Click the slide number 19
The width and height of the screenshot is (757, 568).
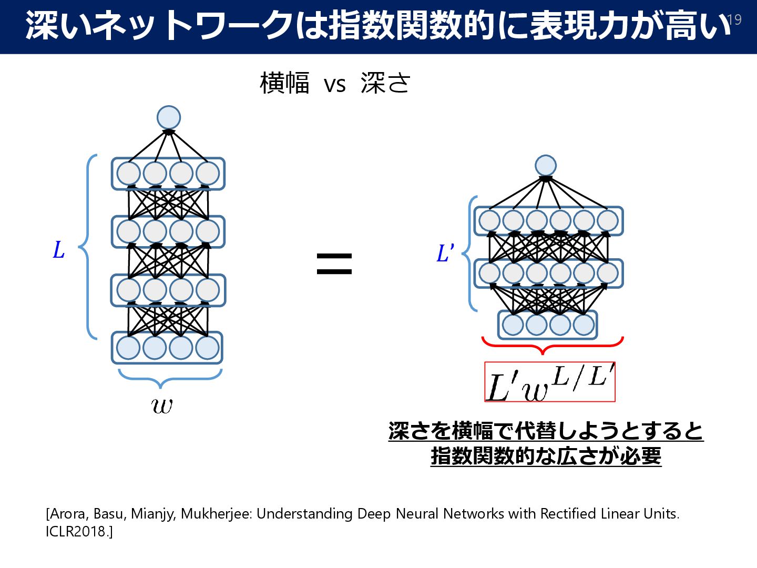734,20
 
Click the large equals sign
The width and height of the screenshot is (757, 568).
334,263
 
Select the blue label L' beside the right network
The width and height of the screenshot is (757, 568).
445,253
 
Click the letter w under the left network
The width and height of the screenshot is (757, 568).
161,405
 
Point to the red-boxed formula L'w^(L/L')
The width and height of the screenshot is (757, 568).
549,382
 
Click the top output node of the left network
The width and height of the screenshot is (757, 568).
169,118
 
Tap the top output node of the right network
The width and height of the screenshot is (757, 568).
546,166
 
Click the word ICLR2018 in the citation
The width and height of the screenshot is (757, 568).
77,532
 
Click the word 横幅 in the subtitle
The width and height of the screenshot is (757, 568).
284,84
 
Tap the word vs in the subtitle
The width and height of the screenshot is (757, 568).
335,85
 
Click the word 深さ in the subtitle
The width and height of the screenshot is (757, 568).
385,84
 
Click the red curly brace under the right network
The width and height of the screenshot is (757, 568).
552,346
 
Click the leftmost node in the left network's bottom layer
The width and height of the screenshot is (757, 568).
128,348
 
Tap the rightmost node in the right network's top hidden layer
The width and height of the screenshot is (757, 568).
608,221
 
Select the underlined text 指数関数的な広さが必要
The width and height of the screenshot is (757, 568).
546,456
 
